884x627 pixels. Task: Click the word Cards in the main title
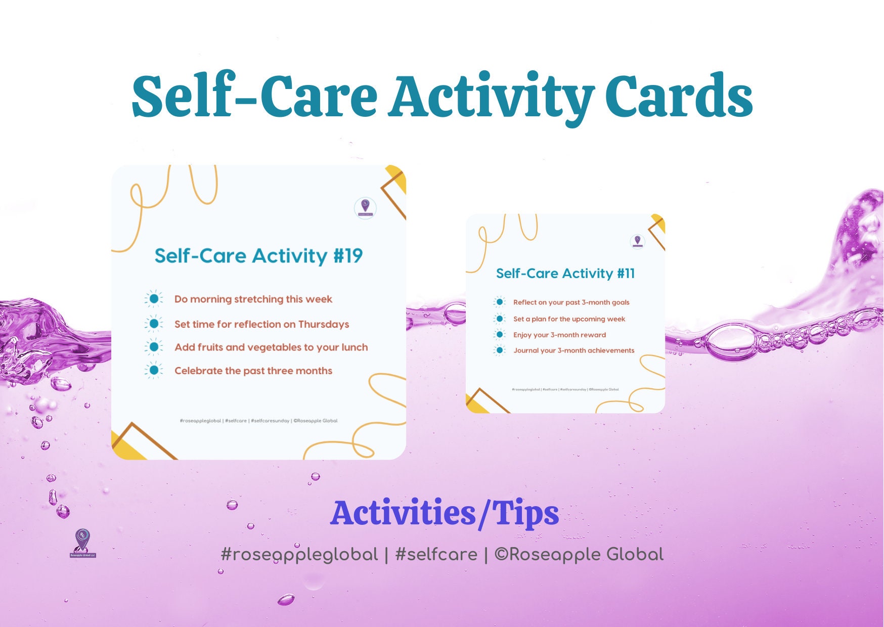(x=679, y=96)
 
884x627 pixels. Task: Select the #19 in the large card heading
(x=348, y=256)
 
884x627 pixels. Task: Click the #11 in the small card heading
(x=626, y=274)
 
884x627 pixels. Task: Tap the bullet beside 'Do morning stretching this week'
(x=154, y=299)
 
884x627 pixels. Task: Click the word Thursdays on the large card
(x=323, y=324)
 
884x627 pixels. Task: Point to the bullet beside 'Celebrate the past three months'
(x=154, y=370)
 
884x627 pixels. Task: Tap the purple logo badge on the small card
(x=637, y=241)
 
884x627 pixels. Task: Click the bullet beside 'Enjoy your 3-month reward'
(x=500, y=334)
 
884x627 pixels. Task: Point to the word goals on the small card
(x=621, y=302)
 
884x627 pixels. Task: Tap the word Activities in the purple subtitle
(x=403, y=513)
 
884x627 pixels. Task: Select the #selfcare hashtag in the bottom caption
(x=436, y=555)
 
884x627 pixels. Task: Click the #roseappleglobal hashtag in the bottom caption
(x=299, y=555)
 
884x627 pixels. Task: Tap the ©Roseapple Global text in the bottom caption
(x=579, y=555)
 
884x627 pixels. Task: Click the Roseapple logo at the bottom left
(x=82, y=543)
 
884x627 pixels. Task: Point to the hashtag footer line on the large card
(x=258, y=421)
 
